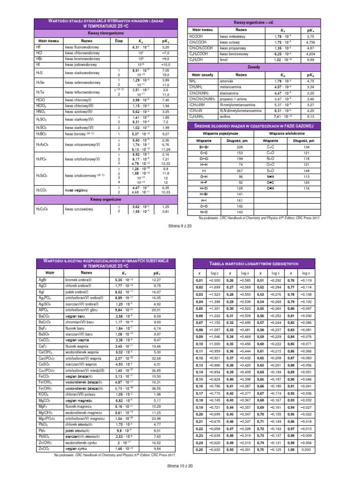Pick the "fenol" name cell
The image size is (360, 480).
point(225,60)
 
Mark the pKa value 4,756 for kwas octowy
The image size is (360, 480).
point(310,42)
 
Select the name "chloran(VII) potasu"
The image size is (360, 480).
point(81,395)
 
